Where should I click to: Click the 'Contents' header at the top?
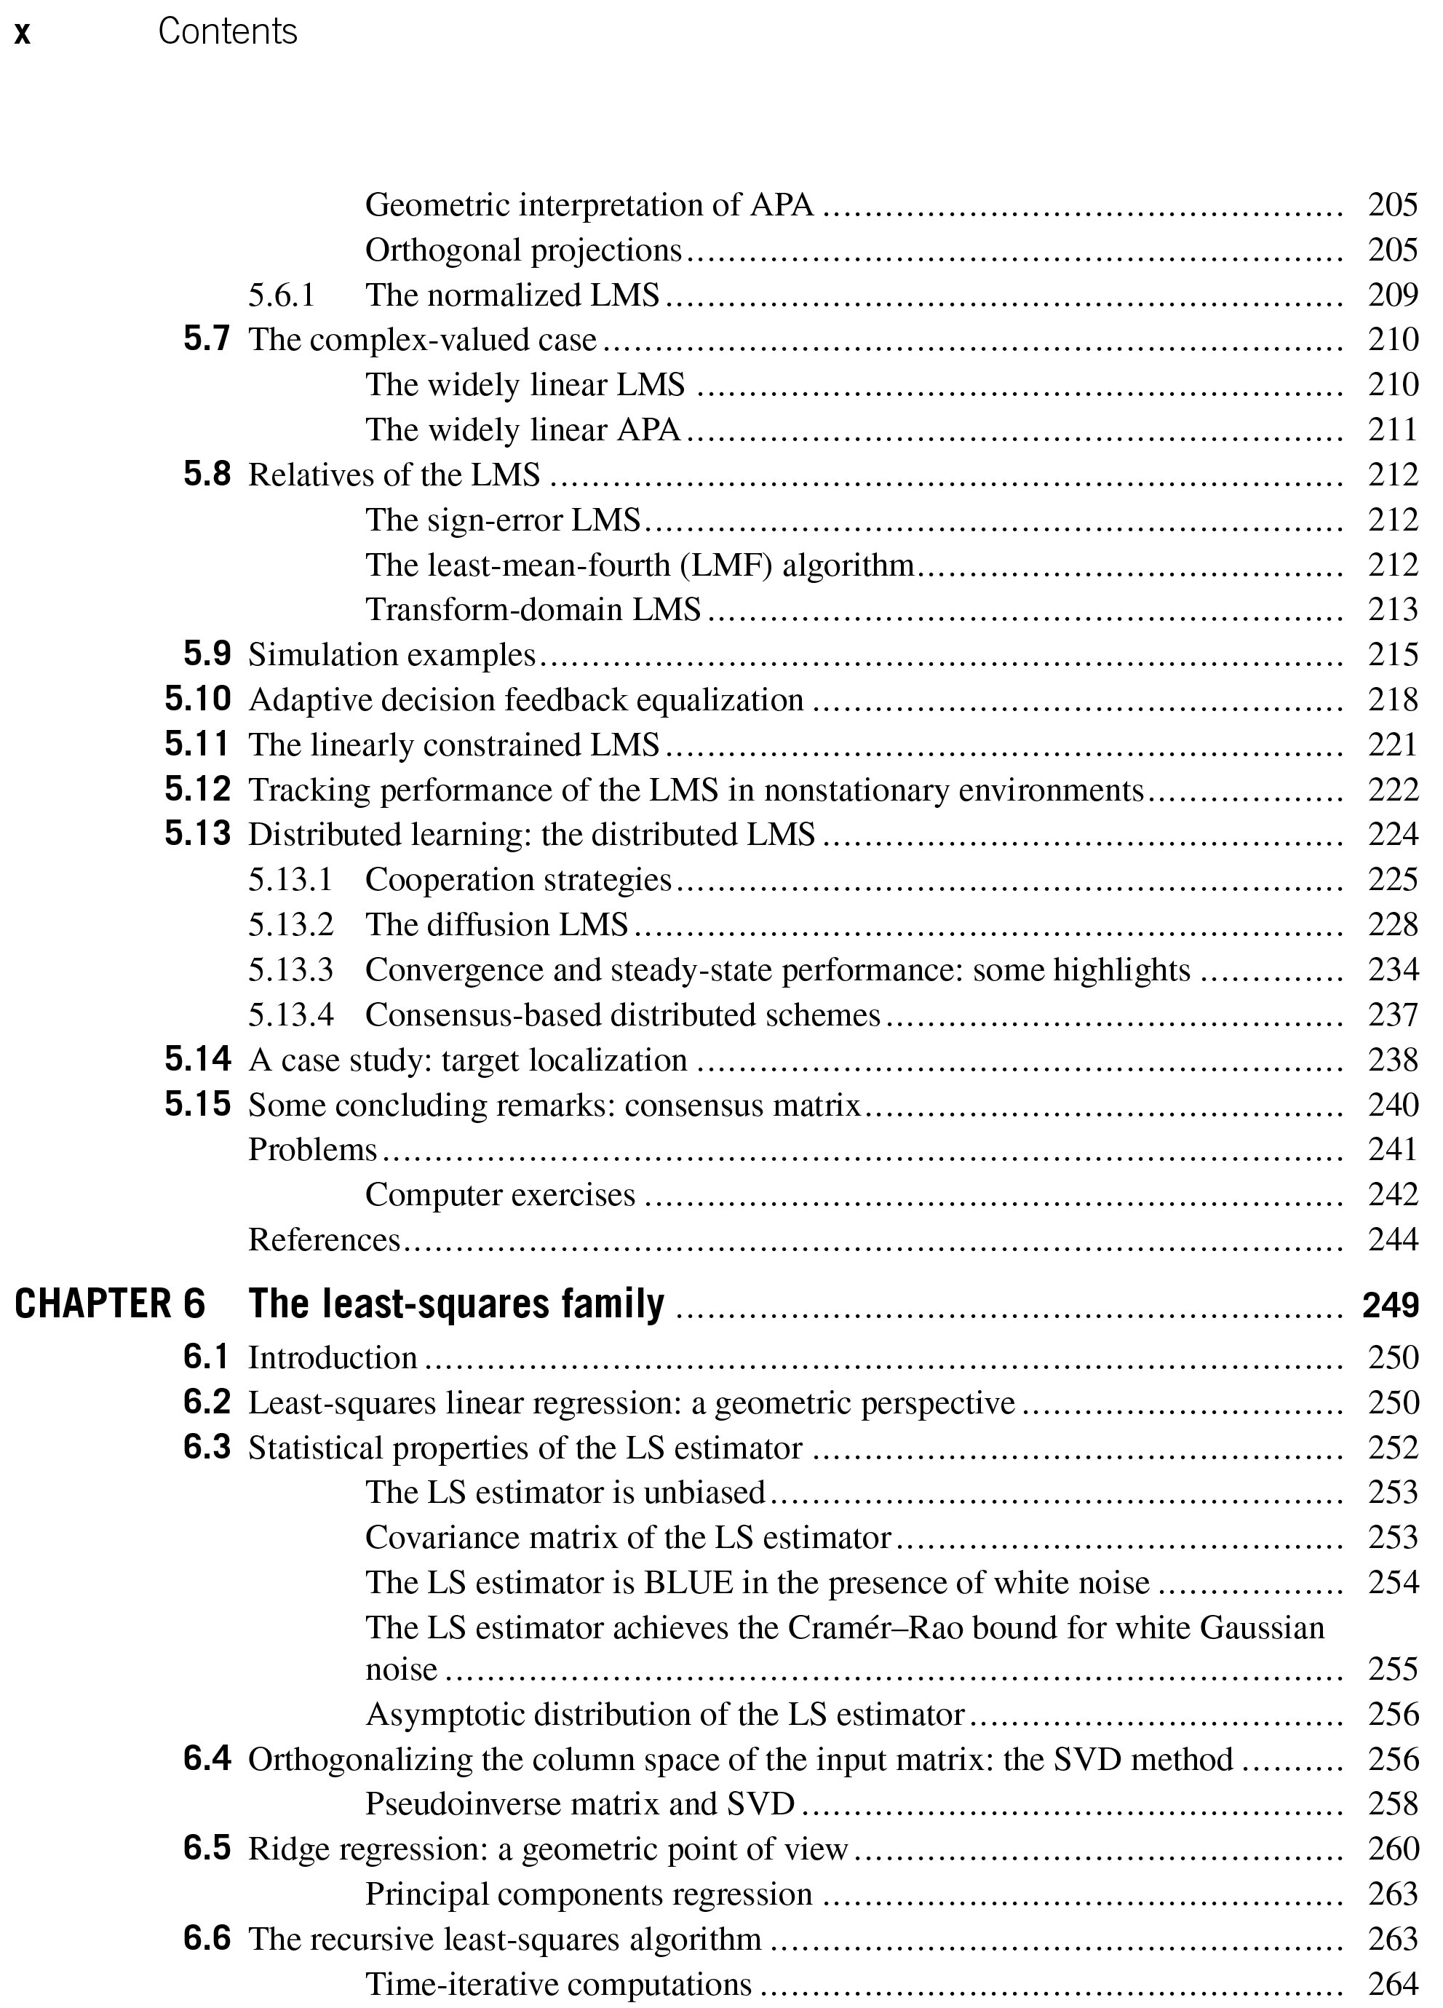tap(228, 32)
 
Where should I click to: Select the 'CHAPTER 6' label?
tap(110, 1304)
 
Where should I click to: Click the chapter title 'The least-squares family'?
tap(456, 1304)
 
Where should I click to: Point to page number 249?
tap(1391, 1305)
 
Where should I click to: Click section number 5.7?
tap(207, 339)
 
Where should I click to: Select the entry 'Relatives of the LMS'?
tap(394, 475)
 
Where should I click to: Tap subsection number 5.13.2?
tap(290, 924)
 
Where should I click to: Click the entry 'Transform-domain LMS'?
tap(533, 609)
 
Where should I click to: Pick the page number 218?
tap(1393, 699)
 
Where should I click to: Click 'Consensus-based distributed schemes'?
tap(622, 1015)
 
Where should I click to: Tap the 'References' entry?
tap(324, 1239)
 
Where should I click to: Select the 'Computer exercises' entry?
tap(500, 1194)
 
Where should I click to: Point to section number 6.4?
tap(207, 1759)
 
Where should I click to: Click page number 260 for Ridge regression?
tap(1393, 1849)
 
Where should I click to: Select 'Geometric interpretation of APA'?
tap(589, 205)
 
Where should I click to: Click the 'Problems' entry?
tap(312, 1149)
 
